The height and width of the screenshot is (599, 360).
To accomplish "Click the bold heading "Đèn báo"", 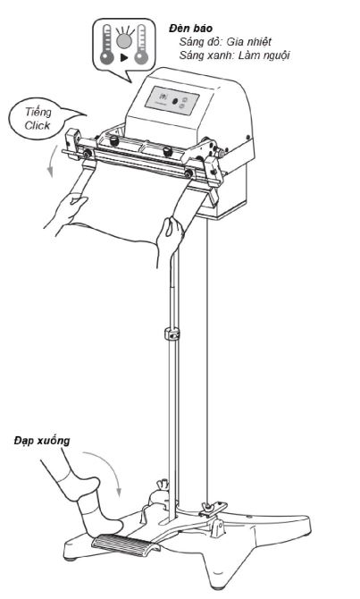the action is pos(191,29).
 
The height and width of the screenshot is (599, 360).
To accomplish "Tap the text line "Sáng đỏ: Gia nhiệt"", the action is pos(225,42).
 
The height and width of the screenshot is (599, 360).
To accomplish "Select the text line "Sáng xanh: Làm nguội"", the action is pos(234,55).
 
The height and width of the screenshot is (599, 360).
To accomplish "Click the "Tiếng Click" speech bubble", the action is pos(42,118).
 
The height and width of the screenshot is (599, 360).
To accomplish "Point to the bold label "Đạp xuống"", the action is pos(42,441).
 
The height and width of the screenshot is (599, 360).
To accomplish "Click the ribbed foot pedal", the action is pos(125,544).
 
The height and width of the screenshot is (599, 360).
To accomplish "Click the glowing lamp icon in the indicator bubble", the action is pos(124,39).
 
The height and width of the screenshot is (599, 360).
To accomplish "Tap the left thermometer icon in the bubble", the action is pos(107,44).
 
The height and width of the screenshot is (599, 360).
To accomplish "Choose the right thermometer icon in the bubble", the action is pos(141,44).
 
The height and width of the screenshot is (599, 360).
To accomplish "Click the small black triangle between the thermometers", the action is pos(124,58).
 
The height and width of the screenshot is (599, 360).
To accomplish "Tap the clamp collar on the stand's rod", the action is pos(173,333).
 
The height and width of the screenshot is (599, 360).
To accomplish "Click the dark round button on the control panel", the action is pos(175,102).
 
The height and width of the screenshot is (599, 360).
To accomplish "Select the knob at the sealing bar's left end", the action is pos(87,154).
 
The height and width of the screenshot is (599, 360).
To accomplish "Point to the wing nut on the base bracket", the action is pos(208,507).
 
